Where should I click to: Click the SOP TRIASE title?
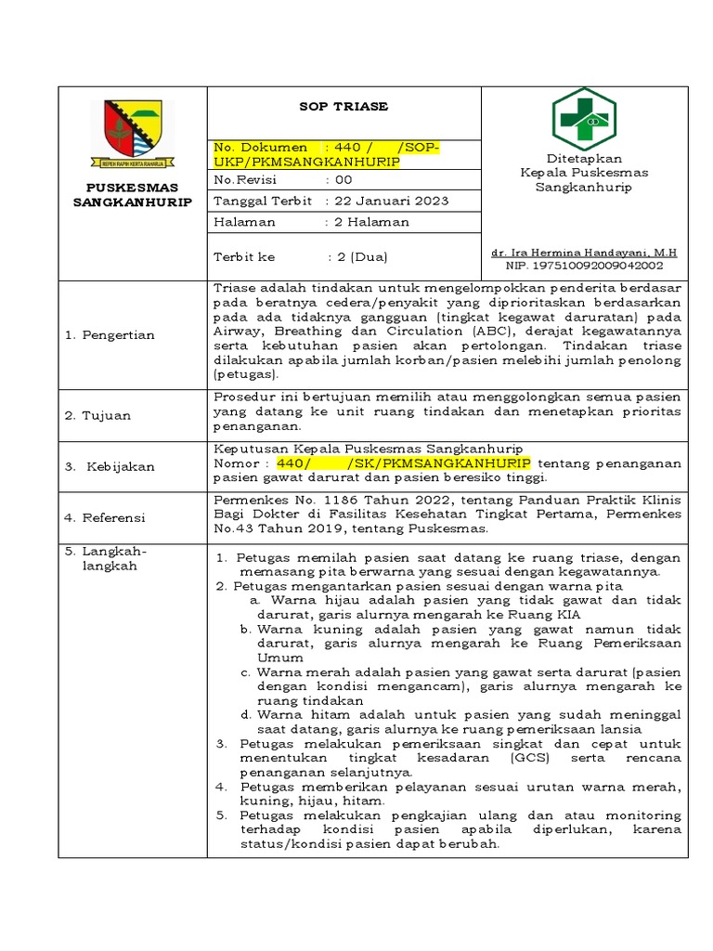pos(343,107)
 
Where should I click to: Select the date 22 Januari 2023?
pos(387,202)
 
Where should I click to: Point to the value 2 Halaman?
pos(368,223)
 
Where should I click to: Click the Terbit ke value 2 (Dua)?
pos(358,256)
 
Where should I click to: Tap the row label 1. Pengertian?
pos(110,335)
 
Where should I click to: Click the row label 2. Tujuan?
pos(97,416)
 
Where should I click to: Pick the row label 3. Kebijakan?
pos(110,467)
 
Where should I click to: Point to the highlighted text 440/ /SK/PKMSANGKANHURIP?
pos(403,463)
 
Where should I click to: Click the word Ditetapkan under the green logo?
pos(583,159)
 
